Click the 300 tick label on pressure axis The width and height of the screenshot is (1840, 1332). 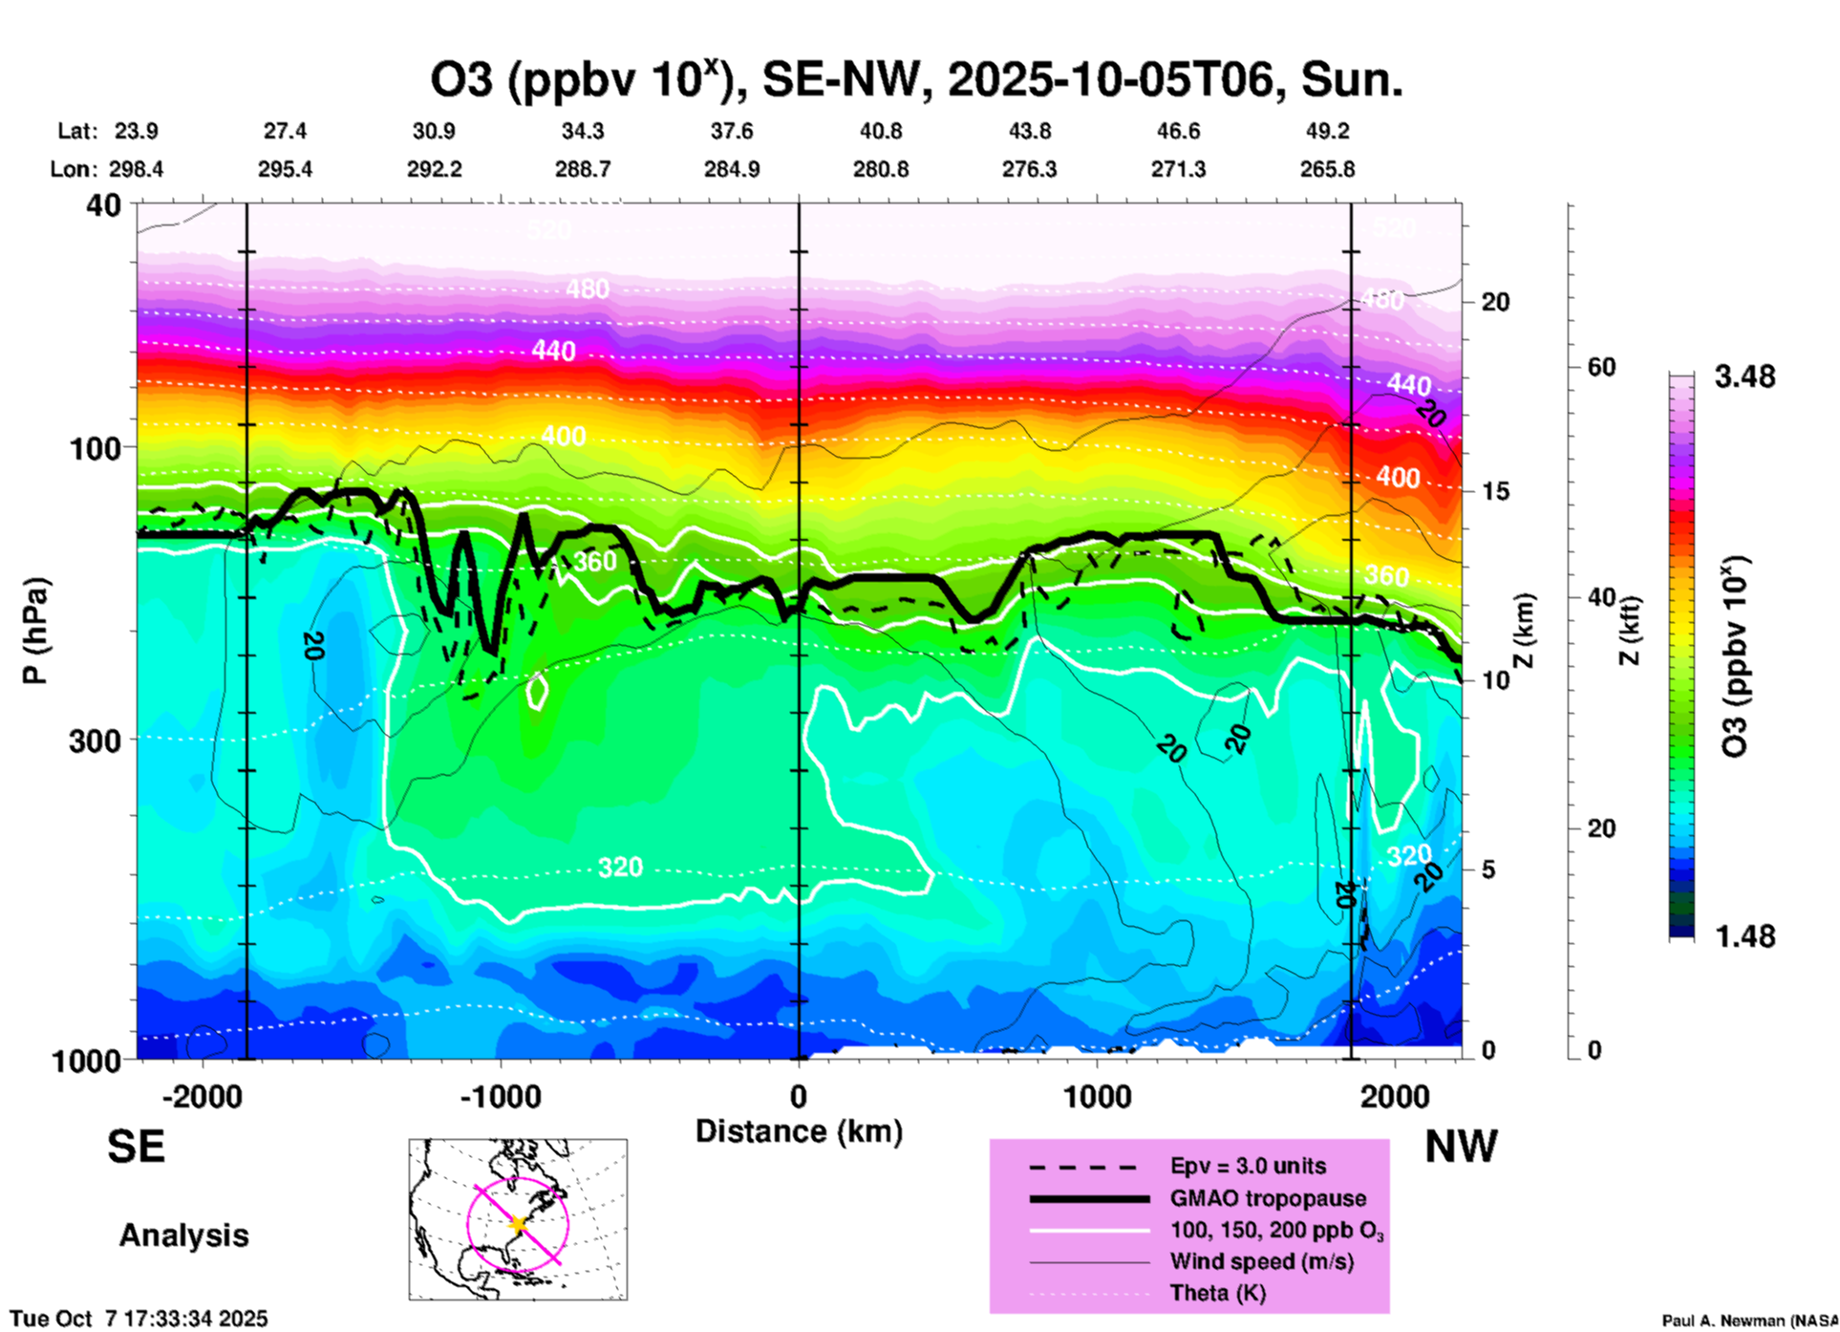(95, 740)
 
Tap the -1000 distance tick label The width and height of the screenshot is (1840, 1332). (500, 1096)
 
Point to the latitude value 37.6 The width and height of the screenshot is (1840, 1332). (732, 131)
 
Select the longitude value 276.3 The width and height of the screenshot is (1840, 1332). (1029, 169)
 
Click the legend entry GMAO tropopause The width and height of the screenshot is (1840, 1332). (1268, 1198)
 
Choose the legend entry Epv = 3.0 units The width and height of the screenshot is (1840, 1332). (1248, 1166)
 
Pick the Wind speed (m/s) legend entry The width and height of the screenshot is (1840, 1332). (1261, 1261)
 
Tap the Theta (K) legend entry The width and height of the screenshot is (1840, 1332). (1217, 1293)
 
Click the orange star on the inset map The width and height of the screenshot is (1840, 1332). (519, 1224)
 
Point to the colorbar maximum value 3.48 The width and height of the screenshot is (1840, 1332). (1744, 376)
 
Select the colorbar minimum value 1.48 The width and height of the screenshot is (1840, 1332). (1744, 935)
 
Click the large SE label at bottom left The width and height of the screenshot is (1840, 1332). (136, 1147)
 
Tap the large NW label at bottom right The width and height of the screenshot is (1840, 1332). (1461, 1147)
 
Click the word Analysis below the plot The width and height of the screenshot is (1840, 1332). (183, 1235)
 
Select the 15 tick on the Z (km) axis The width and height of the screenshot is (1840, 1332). (1495, 491)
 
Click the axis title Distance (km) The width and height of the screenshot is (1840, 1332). (799, 1131)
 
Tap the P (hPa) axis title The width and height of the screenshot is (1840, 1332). (34, 631)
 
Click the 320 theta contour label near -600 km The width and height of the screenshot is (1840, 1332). (620, 868)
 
